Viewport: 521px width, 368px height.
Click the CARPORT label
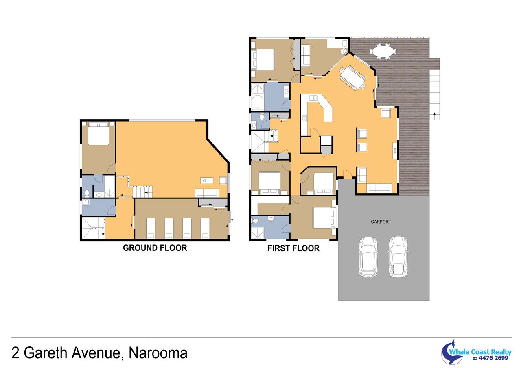click(381, 222)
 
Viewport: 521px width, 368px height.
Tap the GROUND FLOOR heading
click(155, 248)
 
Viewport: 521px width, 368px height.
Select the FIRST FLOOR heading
click(293, 248)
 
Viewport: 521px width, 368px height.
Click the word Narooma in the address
click(158, 353)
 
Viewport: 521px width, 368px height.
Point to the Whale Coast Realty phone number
click(490, 358)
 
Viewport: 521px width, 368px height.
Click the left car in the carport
click(368, 257)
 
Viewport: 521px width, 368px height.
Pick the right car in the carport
click(398, 257)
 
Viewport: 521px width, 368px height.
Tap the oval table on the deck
click(383, 51)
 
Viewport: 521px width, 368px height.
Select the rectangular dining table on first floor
click(352, 78)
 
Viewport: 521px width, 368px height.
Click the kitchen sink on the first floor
click(313, 98)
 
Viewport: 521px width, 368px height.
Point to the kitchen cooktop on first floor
click(304, 118)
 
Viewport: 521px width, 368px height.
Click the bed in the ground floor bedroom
click(99, 134)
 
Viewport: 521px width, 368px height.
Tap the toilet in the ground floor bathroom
click(87, 193)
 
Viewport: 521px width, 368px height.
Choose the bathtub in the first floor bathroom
click(258, 102)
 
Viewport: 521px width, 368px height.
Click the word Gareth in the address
click(46, 353)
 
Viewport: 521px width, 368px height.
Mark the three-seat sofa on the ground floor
click(207, 193)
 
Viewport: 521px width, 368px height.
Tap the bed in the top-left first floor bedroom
click(263, 59)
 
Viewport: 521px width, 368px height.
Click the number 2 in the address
click(15, 353)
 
